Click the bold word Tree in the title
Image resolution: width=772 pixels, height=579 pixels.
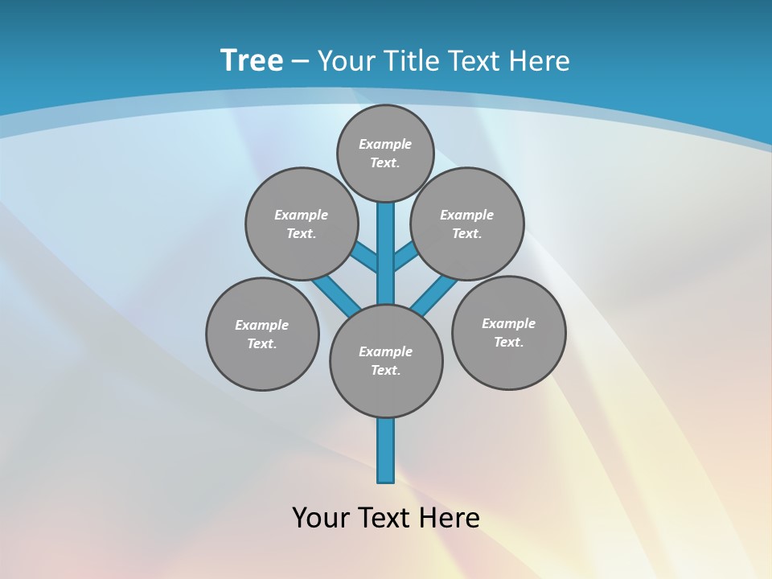(x=252, y=60)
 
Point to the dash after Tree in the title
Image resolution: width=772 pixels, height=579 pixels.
(x=300, y=60)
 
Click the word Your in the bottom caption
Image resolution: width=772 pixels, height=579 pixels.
(x=322, y=518)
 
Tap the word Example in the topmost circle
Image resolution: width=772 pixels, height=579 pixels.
(x=385, y=144)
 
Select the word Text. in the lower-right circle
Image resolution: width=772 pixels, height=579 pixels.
(x=508, y=342)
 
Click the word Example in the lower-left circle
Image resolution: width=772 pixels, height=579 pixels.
(x=261, y=325)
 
